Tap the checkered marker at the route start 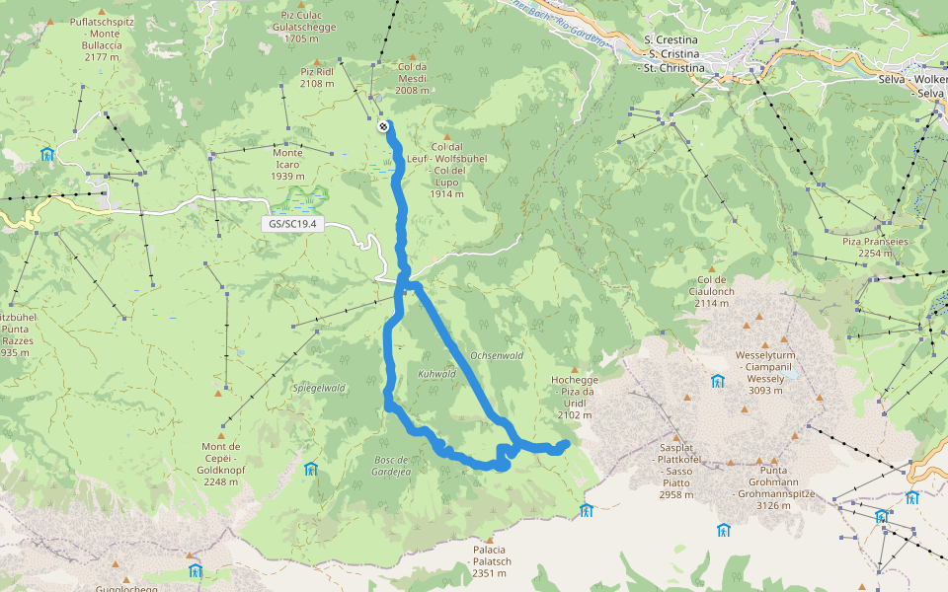(x=383, y=126)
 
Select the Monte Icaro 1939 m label (x=287, y=164)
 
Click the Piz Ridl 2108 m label (x=317, y=78)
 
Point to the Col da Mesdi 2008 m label (x=413, y=78)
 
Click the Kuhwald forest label (x=436, y=374)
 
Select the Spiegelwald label (x=318, y=388)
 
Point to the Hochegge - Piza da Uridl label (x=574, y=397)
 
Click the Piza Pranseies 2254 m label (x=867, y=247)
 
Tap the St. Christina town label (x=673, y=69)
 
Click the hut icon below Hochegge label (x=587, y=510)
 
